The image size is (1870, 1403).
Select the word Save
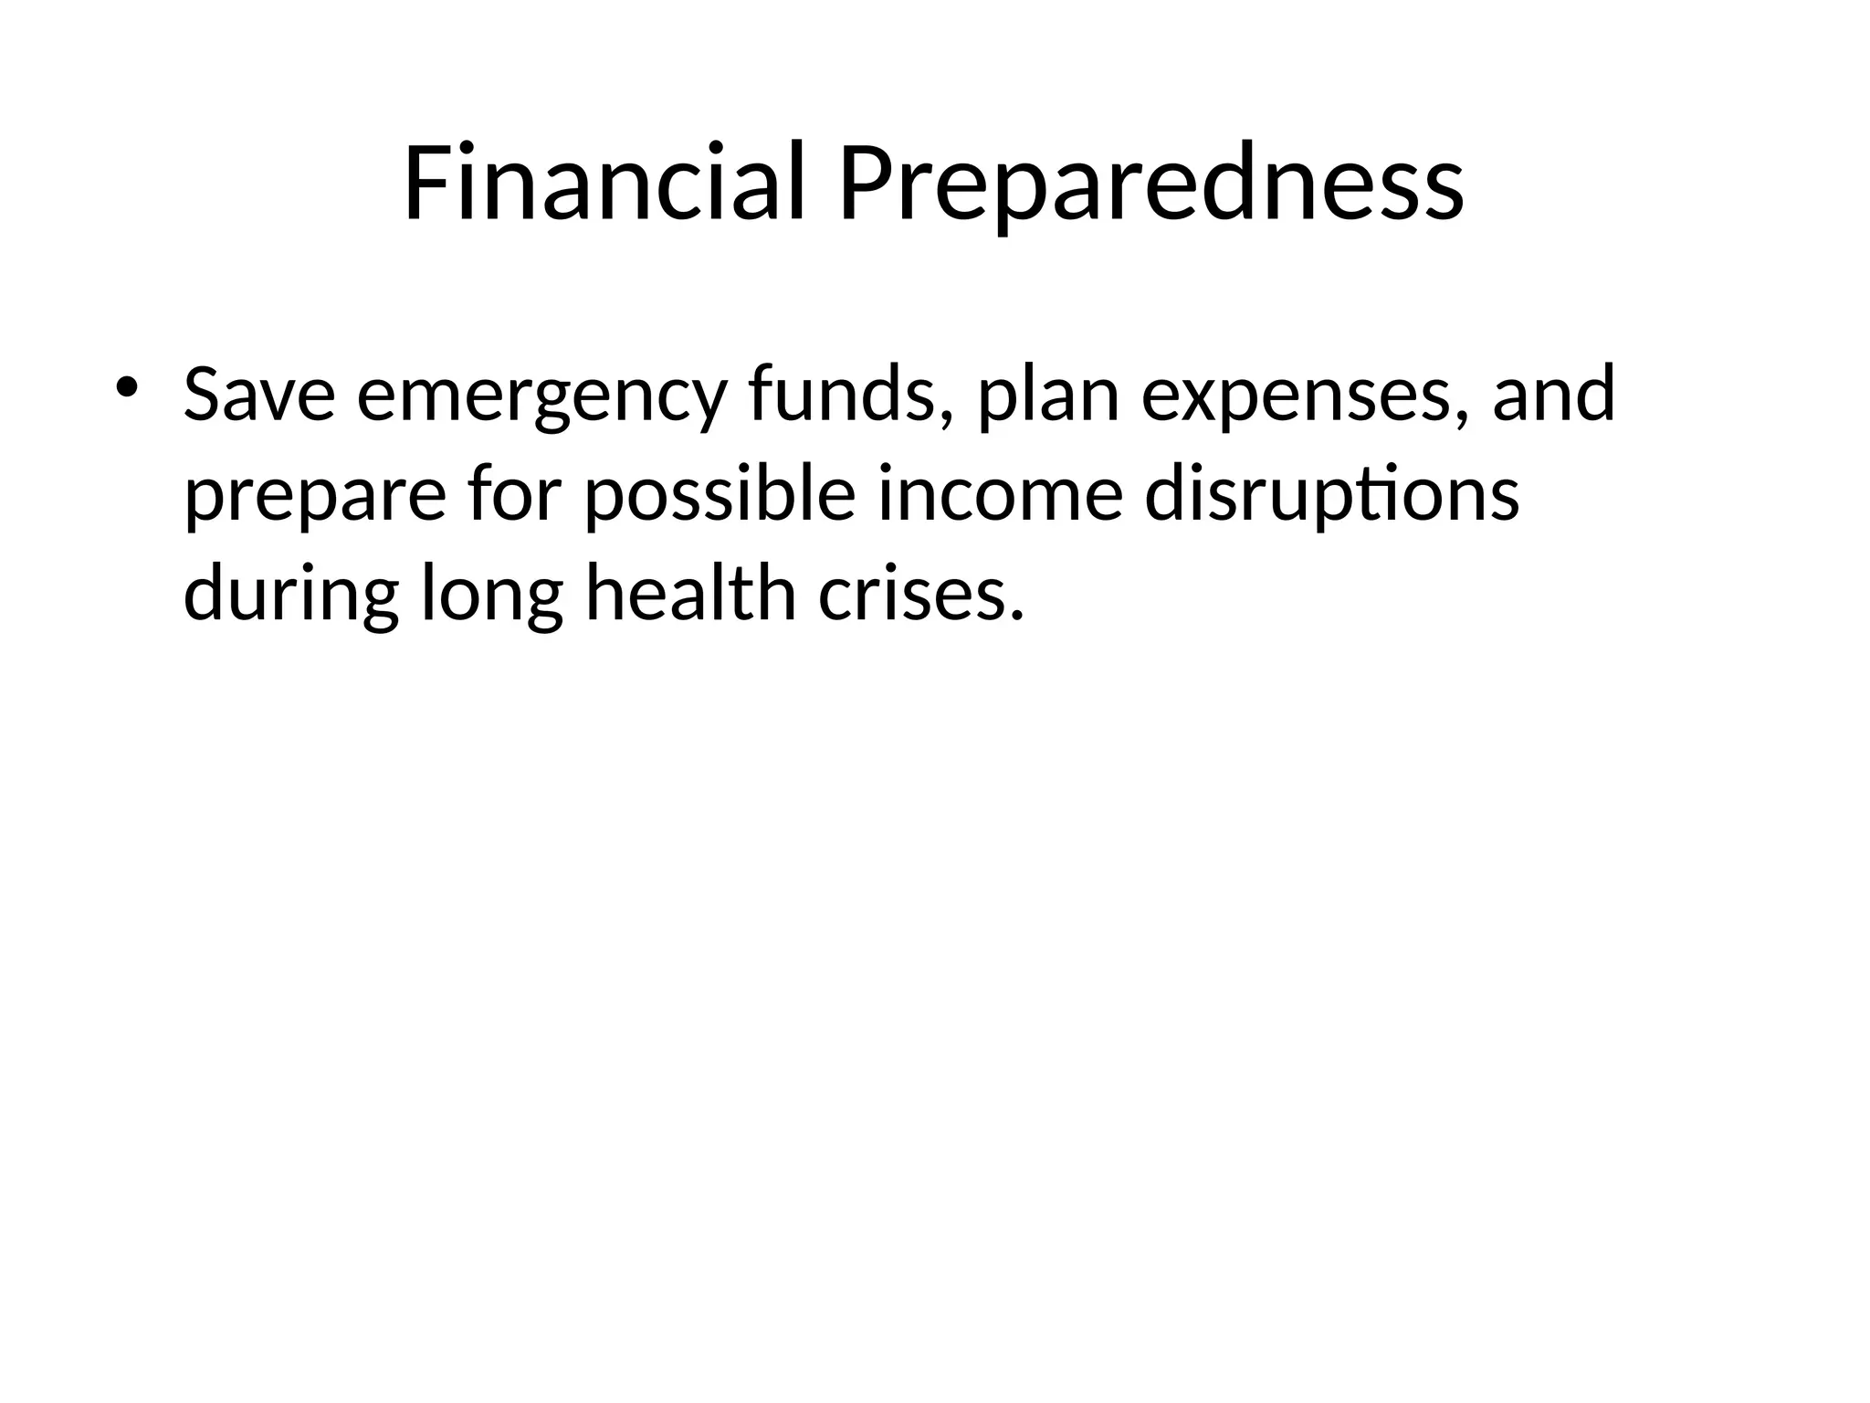259,395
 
